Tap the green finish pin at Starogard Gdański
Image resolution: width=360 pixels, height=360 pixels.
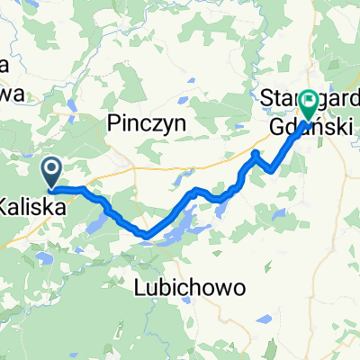309,103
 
